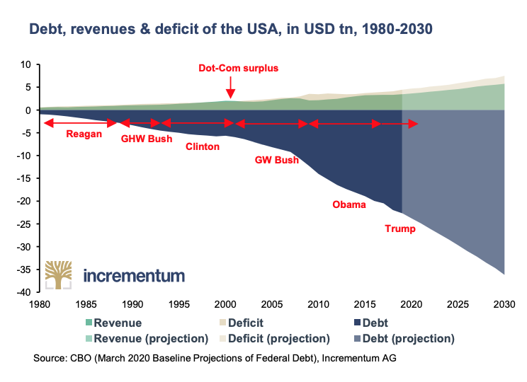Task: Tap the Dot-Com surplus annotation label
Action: pos(238,69)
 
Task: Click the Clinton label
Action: pos(203,147)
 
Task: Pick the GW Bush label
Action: pos(276,160)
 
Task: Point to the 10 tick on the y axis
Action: pos(26,64)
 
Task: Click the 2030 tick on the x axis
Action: pos(504,304)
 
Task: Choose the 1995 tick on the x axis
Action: pos(178,304)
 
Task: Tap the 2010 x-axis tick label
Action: pos(318,304)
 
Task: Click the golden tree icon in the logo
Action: pos(59,274)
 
